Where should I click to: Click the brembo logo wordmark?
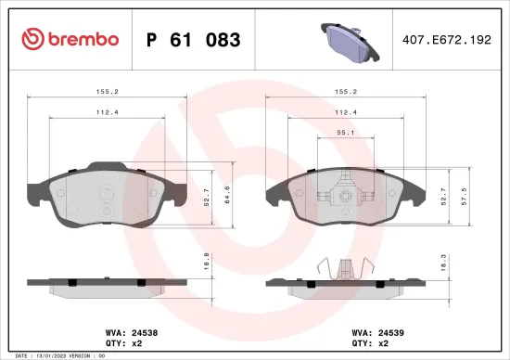pyautogui.click(x=70, y=39)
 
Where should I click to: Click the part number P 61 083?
pyautogui.click(x=194, y=40)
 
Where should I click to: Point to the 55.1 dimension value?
pyautogui.click(x=345, y=133)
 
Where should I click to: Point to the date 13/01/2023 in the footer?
pyautogui.click(x=57, y=355)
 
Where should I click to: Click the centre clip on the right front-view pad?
pyautogui.click(x=345, y=196)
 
